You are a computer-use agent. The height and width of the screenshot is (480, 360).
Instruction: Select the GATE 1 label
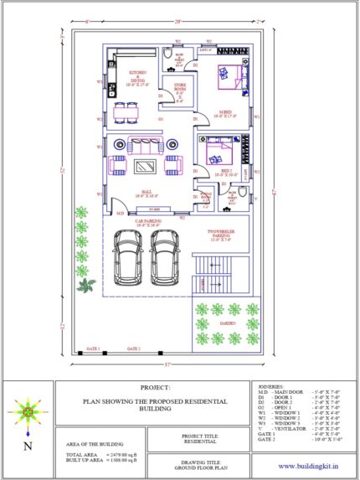coord(93,347)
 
